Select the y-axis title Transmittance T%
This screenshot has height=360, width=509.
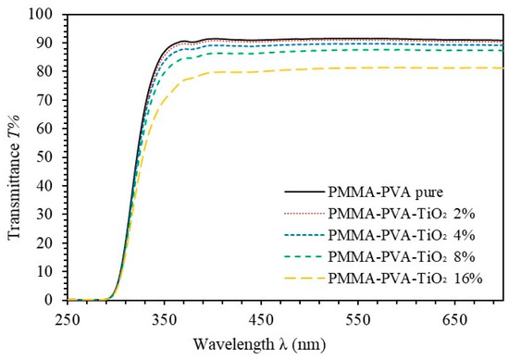14,157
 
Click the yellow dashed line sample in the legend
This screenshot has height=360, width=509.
304,279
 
